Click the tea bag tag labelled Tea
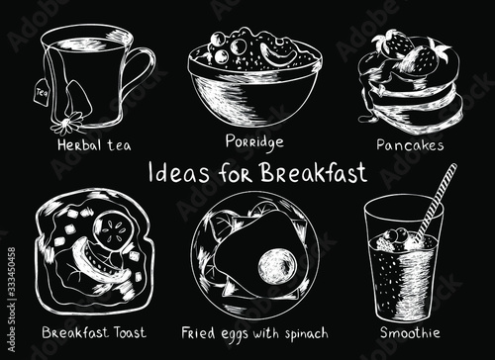41,93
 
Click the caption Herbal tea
94,145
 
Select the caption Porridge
254,141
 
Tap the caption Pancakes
410,145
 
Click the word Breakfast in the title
314,172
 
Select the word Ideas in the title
178,173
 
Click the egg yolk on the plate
276,266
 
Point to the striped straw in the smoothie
435,203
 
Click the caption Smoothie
410,332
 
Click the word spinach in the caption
307,334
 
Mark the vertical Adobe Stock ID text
11,300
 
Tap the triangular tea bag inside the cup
77,99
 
